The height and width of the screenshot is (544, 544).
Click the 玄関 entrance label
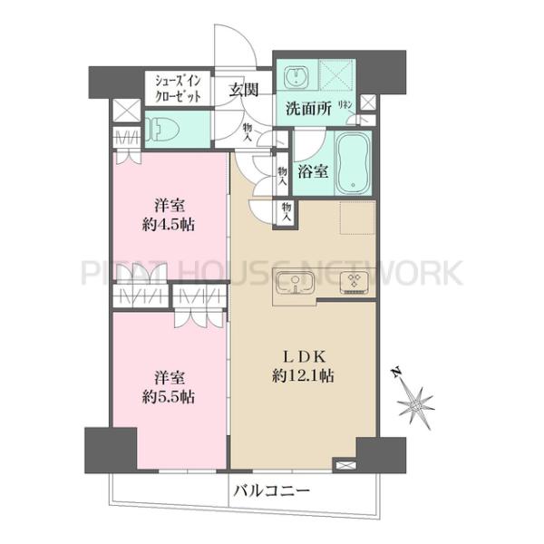click(x=244, y=89)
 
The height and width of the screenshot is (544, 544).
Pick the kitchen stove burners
click(x=352, y=286)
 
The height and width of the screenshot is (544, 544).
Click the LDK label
click(x=302, y=355)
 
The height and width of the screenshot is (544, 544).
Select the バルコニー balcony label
click(x=271, y=491)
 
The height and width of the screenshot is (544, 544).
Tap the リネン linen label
click(x=345, y=106)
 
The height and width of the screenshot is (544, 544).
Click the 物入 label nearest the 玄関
click(x=248, y=133)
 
